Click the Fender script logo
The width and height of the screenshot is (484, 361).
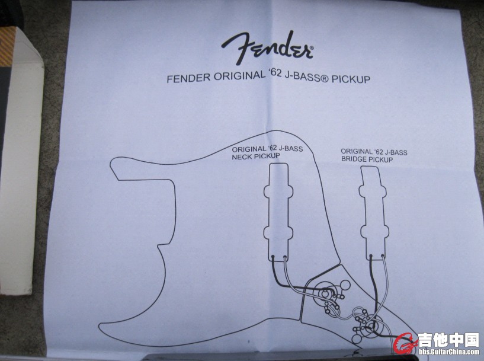pos(268,48)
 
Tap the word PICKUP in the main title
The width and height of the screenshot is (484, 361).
pos(351,79)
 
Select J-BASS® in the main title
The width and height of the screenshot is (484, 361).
pos(306,76)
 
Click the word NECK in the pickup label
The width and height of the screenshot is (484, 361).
pos(242,157)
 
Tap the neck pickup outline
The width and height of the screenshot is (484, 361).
pos(278,212)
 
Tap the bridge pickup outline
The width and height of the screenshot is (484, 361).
pos(373,213)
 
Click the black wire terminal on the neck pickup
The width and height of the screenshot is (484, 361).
pos(273,256)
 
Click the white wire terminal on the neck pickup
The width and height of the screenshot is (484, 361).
pos(284,257)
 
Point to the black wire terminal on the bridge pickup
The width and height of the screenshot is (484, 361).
pos(370,256)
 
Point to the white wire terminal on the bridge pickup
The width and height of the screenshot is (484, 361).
pos(382,255)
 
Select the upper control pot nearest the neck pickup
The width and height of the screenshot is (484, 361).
pos(325,293)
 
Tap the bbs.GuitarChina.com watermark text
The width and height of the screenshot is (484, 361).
pos(449,352)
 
